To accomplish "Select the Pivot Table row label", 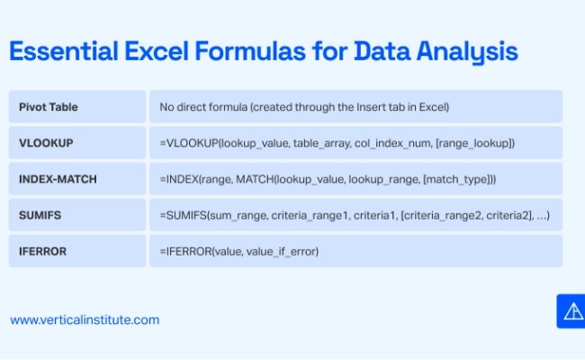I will [49, 107].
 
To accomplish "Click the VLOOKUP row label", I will [46, 143].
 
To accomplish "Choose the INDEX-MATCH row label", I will [58, 179].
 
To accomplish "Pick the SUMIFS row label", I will [40, 215].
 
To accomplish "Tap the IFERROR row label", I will [42, 251].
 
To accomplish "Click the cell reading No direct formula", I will [304, 107].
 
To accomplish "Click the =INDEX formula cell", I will [328, 179].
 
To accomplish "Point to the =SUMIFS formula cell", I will [355, 215].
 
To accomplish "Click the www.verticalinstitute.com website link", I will [85, 319].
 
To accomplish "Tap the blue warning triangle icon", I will [571, 311].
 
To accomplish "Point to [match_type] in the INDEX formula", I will [454, 179].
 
